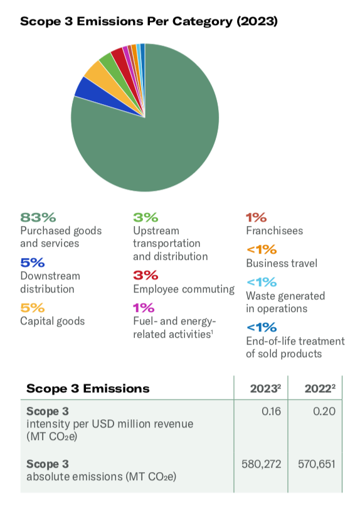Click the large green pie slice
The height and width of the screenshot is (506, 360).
pyautogui.click(x=155, y=136)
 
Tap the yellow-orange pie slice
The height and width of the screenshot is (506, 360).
pyautogui.click(x=107, y=79)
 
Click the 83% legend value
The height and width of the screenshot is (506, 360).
pyautogui.click(x=38, y=217)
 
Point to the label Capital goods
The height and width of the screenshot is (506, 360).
pyautogui.click(x=53, y=321)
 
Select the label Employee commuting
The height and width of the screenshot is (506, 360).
pyautogui.click(x=184, y=289)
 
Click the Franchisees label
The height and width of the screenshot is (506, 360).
pyautogui.click(x=275, y=231)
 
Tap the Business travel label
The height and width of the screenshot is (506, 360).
pyautogui.click(x=282, y=263)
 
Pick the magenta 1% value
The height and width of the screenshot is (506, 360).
pyautogui.click(x=144, y=308)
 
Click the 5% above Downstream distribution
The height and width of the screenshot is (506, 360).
pyautogui.click(x=32, y=262)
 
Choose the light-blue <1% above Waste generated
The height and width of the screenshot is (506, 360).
pyautogui.click(x=262, y=282)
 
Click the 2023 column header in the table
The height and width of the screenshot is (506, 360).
pyautogui.click(x=265, y=389)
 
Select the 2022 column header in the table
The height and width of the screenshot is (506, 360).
pyautogui.click(x=320, y=389)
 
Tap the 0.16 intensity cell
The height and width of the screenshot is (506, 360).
pyautogui.click(x=272, y=411)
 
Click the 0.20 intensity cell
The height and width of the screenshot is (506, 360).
pyautogui.click(x=324, y=411)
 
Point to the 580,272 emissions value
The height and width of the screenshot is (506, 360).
pyautogui.click(x=262, y=465)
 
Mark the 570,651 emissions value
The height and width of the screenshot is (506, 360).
pyautogui.click(x=317, y=465)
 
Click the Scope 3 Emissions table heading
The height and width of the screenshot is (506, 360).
pyautogui.click(x=88, y=389)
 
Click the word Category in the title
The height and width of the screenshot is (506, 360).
pyautogui.click(x=202, y=21)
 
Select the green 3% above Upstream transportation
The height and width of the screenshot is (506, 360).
pyautogui.click(x=146, y=217)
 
